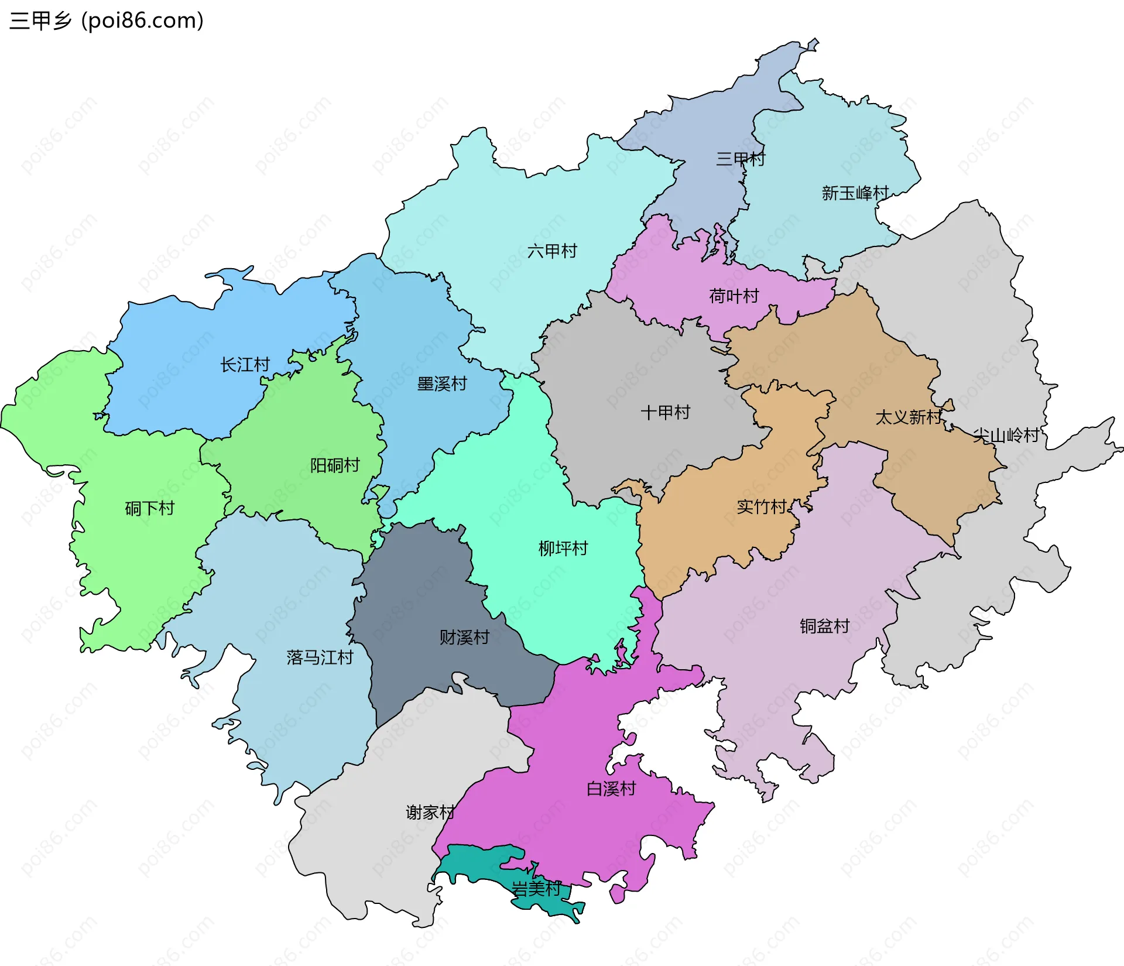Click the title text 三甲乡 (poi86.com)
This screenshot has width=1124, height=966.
107,20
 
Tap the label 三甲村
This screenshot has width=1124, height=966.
740,159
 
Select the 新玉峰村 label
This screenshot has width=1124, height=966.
855,193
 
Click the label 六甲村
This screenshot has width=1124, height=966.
552,251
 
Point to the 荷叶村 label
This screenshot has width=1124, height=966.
734,296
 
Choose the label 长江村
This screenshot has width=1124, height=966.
245,365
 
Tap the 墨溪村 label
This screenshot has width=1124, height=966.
442,384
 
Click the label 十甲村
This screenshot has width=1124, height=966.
665,412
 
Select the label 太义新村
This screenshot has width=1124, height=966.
909,417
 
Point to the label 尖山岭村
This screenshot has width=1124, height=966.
1006,435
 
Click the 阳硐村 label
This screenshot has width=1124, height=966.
335,465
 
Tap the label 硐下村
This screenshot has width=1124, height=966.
150,508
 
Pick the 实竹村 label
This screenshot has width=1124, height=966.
761,506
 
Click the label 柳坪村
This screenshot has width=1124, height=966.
563,549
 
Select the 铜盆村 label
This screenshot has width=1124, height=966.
824,626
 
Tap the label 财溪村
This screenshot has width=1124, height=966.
464,638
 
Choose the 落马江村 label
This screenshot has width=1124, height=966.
320,657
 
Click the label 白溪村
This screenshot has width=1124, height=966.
611,789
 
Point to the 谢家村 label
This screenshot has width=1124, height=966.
430,813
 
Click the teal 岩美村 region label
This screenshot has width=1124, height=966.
536,889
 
